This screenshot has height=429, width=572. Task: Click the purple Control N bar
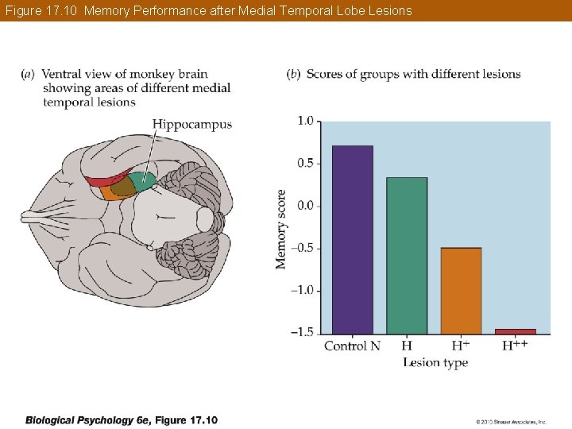352,239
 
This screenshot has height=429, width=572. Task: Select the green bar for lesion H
407,255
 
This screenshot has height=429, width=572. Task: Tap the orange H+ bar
461,291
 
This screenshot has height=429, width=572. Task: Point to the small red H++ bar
515,331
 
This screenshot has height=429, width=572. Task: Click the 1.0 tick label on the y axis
305,121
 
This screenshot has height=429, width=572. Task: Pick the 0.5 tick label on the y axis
305,163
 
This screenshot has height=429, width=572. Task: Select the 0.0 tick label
305,206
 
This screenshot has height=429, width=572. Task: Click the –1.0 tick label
303,290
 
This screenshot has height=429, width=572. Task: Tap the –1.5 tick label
303,332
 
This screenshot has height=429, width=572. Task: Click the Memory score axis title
281,229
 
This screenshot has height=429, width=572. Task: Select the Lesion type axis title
435,363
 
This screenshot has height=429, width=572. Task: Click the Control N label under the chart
352,346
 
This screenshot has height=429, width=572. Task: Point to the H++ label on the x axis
515,345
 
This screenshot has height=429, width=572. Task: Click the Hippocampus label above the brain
191,124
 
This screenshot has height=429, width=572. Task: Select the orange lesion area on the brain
110,191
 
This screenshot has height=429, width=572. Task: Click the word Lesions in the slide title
389,10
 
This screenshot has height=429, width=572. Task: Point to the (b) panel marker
292,75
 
